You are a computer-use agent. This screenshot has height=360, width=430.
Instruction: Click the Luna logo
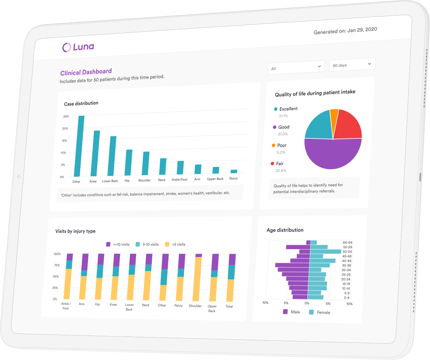78,47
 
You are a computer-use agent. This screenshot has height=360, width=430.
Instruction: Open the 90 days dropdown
352,64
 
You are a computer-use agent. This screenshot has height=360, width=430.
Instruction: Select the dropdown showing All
296,67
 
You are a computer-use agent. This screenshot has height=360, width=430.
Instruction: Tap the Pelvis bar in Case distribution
234,171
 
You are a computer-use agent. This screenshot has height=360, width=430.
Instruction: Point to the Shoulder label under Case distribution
144,180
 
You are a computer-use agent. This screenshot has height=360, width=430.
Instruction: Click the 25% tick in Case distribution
66,116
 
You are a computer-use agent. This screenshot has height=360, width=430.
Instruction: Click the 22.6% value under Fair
281,171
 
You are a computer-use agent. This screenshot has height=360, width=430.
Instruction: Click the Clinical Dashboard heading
86,72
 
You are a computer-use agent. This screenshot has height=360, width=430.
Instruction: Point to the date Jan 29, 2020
362,30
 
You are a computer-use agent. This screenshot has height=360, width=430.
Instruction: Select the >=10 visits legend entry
118,244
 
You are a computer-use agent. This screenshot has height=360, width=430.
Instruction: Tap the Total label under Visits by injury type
229,306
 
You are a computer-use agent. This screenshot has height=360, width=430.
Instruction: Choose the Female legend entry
320,312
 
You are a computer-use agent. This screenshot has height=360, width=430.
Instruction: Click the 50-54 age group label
347,252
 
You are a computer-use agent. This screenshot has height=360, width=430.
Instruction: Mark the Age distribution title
285,230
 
